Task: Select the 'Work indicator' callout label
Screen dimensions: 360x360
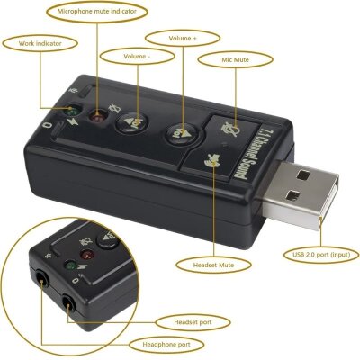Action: click(x=33, y=41)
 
